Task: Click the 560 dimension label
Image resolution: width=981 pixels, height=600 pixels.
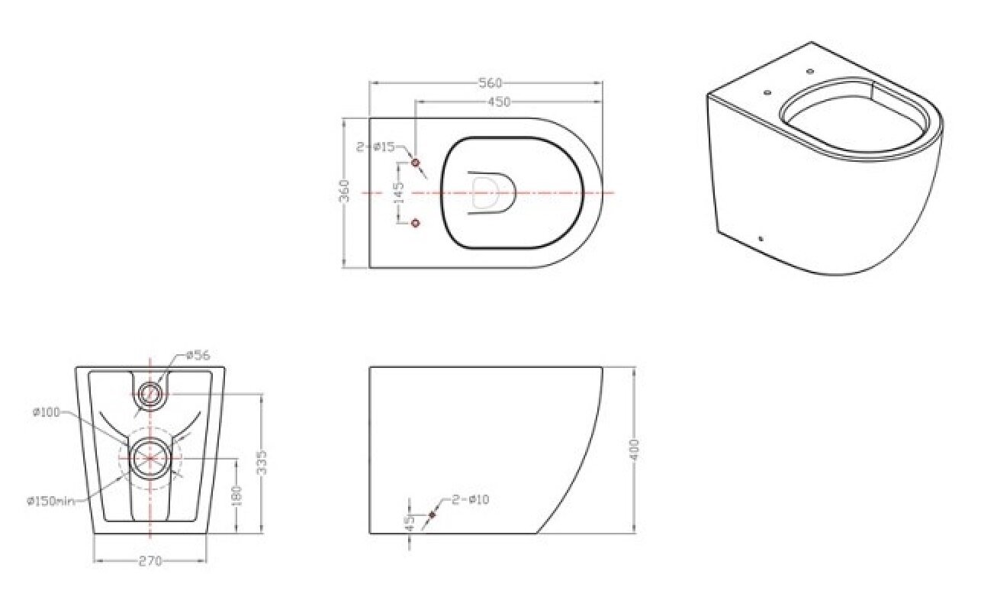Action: pos(490,83)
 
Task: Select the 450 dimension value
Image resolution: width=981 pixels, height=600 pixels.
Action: pos(499,102)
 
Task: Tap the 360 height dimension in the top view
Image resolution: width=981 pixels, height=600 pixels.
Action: pos(345,191)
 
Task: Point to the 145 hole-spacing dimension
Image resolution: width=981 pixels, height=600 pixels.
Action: pos(398,193)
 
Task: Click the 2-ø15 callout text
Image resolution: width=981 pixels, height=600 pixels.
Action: pos(376,147)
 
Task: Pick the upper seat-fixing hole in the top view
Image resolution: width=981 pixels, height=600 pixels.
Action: pos(416,163)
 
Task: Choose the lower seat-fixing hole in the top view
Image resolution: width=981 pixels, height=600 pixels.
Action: pos(416,223)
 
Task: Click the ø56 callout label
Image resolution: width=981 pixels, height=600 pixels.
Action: pos(198,354)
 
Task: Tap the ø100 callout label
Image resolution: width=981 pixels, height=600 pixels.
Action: pos(47,412)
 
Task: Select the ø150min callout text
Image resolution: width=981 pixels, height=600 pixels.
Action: pos(51,501)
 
